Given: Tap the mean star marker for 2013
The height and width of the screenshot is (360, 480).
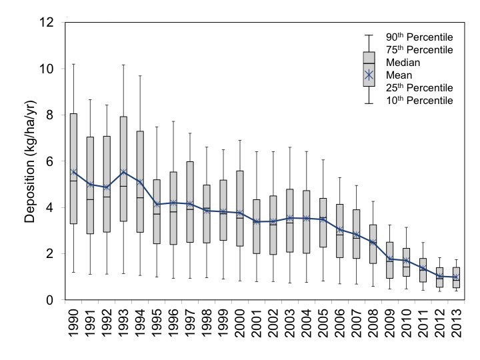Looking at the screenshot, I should (x=455, y=277).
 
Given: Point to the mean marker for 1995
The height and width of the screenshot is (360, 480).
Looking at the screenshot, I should (x=157, y=204).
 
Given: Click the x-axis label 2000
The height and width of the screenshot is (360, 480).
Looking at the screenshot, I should (x=240, y=327).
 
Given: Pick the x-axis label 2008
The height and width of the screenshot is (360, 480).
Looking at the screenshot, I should (x=372, y=327).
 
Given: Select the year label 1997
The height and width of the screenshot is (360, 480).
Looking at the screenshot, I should (x=190, y=327).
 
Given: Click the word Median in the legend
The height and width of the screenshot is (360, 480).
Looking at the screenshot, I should (x=403, y=63).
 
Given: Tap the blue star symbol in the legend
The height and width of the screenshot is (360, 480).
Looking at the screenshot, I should (x=368, y=75).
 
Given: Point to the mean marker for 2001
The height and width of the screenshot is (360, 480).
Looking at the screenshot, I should (x=256, y=221).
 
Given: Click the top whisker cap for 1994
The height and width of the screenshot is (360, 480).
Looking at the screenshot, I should (x=140, y=75).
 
